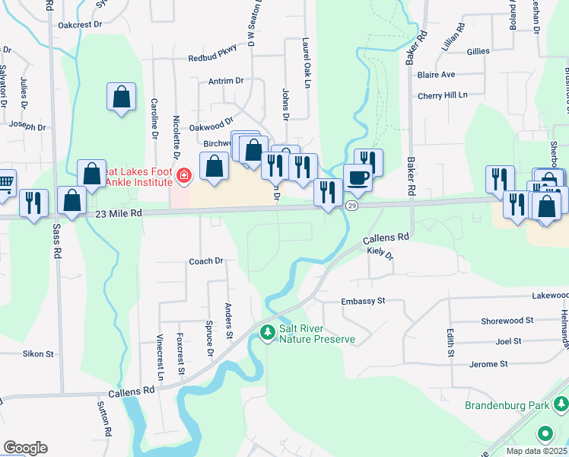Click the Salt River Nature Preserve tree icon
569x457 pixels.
point(267,333)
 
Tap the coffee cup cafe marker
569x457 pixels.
point(358,178)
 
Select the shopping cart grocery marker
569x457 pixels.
point(5,182)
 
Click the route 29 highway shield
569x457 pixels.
point(351,206)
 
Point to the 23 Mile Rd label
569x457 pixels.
point(120,214)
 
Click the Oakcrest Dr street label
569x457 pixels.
point(81,25)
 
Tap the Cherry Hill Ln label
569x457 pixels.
point(442,95)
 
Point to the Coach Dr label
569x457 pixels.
point(205,261)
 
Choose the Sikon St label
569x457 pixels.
point(38,354)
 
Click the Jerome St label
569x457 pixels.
point(488,365)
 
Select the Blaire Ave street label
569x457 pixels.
point(436,75)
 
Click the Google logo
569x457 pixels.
point(25,448)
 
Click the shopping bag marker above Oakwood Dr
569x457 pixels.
point(121,97)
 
